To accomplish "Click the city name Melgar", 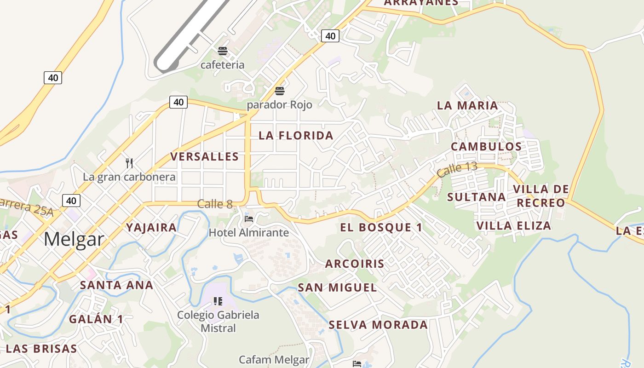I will [x=74, y=239].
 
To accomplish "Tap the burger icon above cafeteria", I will [x=223, y=51].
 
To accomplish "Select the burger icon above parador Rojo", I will [x=280, y=91].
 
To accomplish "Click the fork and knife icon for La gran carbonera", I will [x=129, y=163].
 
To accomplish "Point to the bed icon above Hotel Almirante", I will [x=249, y=218].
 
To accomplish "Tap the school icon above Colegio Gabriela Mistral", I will [x=218, y=301].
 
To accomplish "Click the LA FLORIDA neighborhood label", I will [x=296, y=135].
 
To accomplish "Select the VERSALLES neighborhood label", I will [x=205, y=156].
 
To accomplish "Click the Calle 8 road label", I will [x=215, y=204].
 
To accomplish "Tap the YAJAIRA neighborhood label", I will [x=151, y=227].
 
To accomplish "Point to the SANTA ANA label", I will [x=116, y=285].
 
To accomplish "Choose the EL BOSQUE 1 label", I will [x=381, y=227].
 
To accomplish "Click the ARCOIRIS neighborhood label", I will [x=354, y=264].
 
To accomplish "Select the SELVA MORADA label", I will [x=378, y=325].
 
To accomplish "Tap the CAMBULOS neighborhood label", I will [x=486, y=147].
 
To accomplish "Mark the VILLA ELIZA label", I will [x=513, y=225].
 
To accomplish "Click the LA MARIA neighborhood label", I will [x=467, y=105].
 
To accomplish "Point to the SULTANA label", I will [x=476, y=197].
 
